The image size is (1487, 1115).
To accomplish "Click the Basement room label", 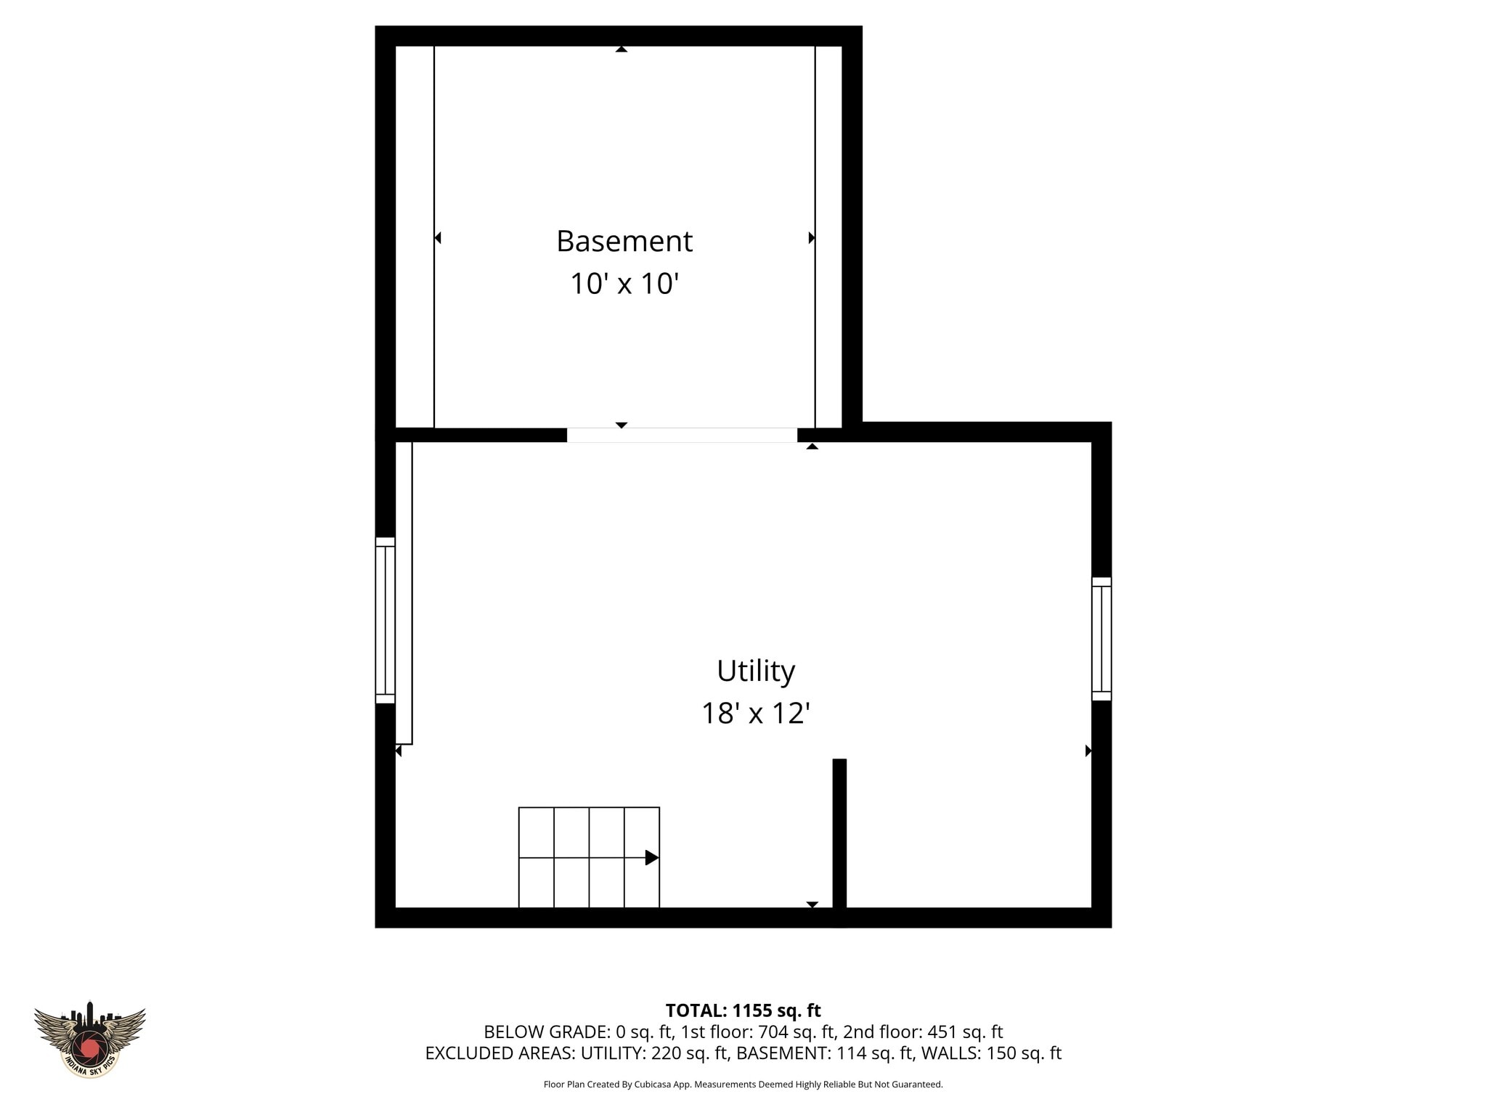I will point(624,242).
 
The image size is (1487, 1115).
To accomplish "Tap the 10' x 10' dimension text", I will point(624,284).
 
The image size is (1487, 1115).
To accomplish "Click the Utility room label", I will point(756,671).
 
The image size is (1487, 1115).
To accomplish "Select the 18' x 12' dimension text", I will point(755,714).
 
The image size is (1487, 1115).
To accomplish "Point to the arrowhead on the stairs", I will point(652,858).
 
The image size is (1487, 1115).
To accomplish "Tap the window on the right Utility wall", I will point(1101,639).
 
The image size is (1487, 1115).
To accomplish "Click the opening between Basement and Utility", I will point(682,435).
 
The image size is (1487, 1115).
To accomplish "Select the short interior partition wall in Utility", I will point(839,835).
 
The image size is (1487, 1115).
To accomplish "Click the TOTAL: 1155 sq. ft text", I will point(743,1010).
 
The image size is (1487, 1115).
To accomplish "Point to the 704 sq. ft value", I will point(797,1032).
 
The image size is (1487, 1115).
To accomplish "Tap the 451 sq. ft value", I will point(965,1032).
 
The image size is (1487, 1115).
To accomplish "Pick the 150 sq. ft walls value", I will point(1024,1053).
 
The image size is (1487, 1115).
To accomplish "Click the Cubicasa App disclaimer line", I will point(743,1085).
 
